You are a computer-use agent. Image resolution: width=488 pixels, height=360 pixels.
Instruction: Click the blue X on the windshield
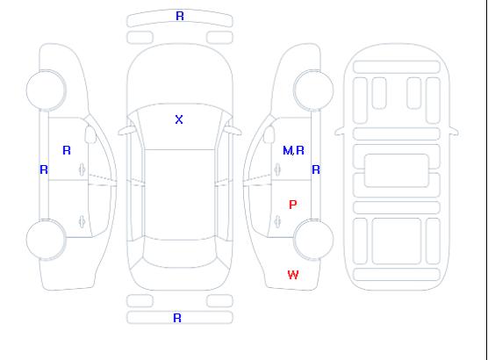179,119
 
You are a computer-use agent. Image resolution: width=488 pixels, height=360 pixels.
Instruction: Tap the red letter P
292,205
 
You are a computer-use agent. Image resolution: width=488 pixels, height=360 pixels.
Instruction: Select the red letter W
293,275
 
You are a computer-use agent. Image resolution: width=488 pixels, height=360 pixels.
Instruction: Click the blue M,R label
293,150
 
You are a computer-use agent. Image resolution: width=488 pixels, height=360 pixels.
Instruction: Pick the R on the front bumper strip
180,16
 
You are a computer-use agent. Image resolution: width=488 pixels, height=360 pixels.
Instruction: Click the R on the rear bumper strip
177,318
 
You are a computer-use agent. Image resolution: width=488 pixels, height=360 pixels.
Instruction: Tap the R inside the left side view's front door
67,150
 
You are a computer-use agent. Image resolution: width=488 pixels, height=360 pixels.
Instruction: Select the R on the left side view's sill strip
44,169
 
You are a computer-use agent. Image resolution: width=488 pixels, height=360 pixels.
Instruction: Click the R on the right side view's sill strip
316,169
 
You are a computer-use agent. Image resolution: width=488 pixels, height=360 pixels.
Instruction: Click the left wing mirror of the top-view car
126,131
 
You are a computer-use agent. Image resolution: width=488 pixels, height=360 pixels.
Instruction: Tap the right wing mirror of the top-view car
233,131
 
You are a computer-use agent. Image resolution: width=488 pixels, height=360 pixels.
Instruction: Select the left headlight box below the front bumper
140,38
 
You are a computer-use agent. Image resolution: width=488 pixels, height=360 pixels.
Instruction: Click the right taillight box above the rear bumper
219,301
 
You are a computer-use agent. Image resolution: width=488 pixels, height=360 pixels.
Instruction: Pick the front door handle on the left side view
82,169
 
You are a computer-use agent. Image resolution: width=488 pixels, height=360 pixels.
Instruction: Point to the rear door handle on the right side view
277,221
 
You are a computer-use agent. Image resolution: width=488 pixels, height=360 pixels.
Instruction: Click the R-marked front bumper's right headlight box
219,38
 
